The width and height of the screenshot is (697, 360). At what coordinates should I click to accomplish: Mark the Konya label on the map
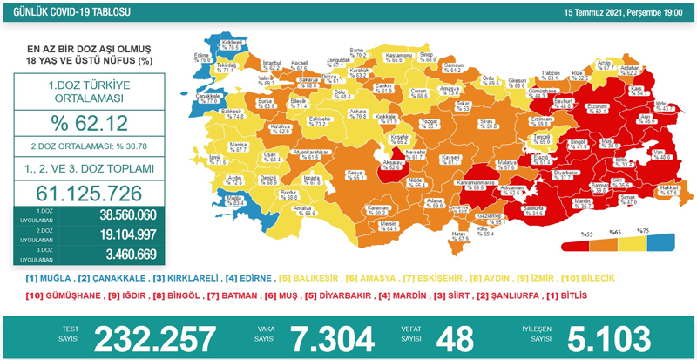click(x=329, y=173)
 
